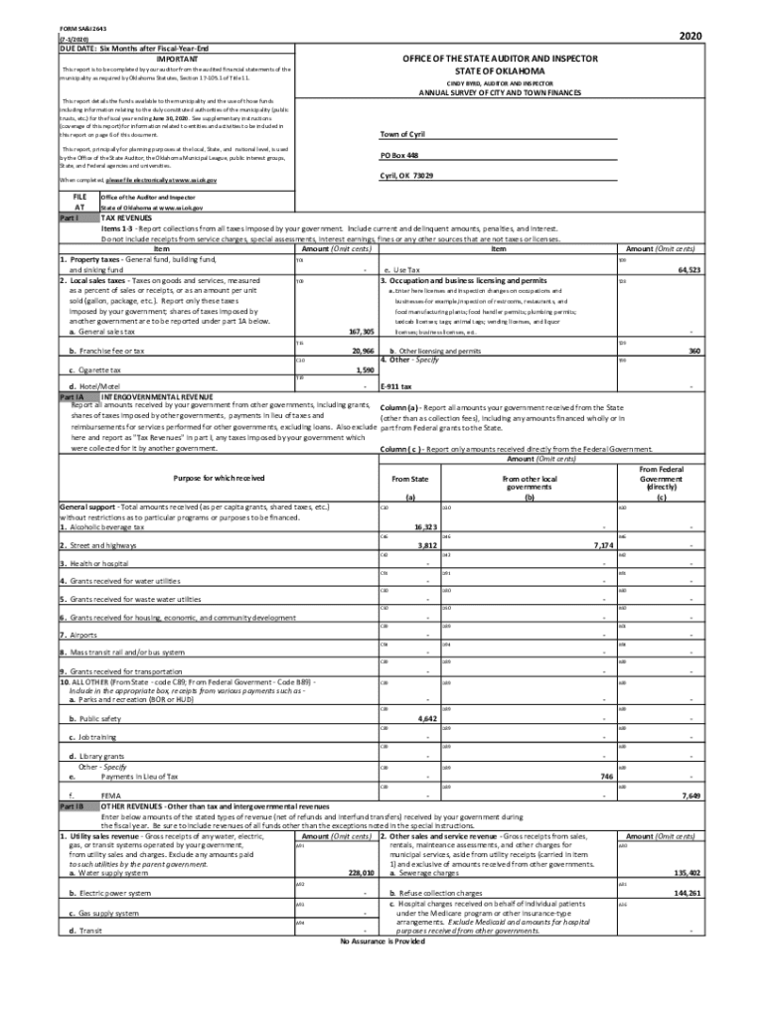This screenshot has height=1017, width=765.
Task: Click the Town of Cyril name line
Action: click(x=403, y=134)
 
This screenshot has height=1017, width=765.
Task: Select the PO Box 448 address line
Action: click(x=399, y=156)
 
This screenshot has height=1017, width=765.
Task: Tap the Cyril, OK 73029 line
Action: click(x=406, y=176)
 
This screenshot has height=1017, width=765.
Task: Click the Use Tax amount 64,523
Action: click(x=688, y=270)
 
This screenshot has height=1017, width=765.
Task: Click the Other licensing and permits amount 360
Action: click(x=694, y=351)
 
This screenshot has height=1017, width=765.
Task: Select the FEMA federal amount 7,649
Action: click(x=692, y=796)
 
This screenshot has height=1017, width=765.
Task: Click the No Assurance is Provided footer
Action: click(x=382, y=941)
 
